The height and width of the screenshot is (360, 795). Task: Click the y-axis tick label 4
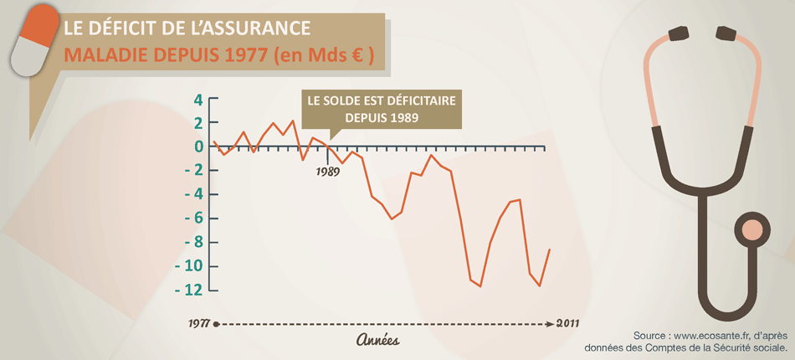click(198, 100)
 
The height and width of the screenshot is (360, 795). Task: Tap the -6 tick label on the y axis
click(192, 219)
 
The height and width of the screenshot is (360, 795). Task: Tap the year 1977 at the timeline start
click(197, 322)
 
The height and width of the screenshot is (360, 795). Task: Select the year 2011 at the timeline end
click(566, 322)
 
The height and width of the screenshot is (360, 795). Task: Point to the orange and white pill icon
click(33, 44)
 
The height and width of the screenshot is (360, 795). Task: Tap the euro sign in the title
click(356, 56)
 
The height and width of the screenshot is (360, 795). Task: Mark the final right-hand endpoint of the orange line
click(550, 249)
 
